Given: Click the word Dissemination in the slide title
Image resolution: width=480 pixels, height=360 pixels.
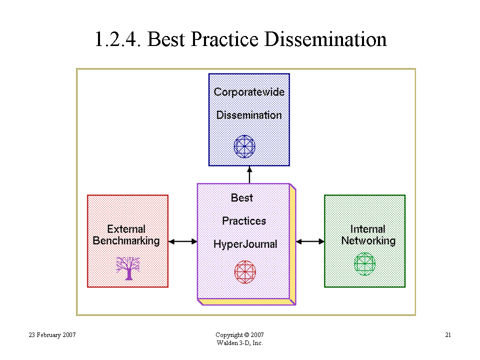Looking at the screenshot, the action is point(325,39).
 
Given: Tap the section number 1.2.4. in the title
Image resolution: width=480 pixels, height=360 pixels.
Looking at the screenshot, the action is point(117,39).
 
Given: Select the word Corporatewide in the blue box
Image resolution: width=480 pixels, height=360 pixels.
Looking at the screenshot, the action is point(249,92).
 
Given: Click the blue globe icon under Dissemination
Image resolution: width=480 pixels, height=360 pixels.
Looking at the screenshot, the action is point(244,146).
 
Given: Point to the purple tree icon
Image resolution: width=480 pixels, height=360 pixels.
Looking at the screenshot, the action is point(128,268).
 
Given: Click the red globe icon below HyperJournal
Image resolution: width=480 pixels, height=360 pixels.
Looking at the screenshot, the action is point(245,272).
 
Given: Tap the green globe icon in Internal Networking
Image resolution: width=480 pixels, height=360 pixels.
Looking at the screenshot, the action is point(364,264).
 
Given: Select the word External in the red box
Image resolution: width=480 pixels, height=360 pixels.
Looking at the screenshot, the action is point(126,229).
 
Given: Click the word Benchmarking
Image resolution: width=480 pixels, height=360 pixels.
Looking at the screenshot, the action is point(126,241).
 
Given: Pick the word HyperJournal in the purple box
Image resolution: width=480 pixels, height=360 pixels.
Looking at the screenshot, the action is point(245,244).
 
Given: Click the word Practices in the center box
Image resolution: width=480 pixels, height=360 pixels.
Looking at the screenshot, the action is point(244,220).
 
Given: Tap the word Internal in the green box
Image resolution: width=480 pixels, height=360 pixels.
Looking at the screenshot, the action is point(367,229).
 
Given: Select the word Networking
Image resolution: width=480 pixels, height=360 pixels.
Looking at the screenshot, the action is point(368,241).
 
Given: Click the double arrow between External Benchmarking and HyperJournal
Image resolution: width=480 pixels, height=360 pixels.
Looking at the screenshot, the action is point(183,241).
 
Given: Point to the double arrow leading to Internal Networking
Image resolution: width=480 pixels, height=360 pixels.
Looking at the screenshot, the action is point(310,241).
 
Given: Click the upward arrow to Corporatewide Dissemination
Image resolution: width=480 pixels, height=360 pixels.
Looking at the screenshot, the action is point(249,175).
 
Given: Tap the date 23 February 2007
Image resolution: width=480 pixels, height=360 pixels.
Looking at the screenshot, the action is point(52,335).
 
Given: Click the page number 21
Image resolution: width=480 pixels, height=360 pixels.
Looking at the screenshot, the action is point(448,335).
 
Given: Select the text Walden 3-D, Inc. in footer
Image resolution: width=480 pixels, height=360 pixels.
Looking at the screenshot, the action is point(239,343).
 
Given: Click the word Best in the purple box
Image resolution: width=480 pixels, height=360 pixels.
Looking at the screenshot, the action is point(242,198).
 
